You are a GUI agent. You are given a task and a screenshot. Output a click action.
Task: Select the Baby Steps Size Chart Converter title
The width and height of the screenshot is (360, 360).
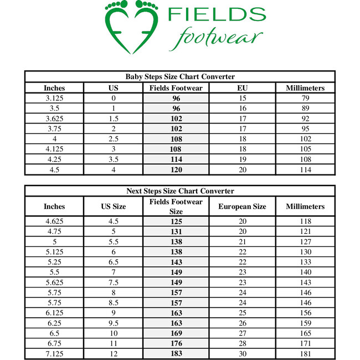pos(180,76)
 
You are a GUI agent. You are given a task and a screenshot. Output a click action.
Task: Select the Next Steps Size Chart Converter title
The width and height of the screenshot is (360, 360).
pos(180,191)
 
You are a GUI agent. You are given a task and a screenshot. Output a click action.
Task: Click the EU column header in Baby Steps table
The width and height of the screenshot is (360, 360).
pos(243,88)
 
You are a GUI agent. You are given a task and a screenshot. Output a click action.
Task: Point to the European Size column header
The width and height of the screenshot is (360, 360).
pos(242,207)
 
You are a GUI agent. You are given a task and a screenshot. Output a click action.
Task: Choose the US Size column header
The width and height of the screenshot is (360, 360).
pos(113,207)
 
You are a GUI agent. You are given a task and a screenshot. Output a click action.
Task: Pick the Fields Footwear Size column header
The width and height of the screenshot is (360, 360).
pos(176,207)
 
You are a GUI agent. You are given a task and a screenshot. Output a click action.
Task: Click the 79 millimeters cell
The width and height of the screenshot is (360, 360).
pos(305,98)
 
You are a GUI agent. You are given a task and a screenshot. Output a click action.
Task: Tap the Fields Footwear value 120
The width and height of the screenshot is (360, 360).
pos(176,169)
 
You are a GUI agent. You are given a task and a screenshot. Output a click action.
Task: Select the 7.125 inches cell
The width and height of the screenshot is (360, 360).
pos(54,353)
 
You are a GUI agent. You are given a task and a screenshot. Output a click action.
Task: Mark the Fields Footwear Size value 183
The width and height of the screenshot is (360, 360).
pos(176,353)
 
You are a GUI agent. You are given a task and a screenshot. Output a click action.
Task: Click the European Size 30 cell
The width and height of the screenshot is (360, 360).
pos(242,353)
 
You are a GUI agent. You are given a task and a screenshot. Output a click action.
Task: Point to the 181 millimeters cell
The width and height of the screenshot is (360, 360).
pos(305,353)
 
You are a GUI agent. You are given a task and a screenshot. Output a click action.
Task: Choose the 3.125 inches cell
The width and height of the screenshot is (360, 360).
pos(54,98)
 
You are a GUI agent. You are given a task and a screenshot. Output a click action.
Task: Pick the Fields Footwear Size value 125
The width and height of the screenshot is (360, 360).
pos(176,222)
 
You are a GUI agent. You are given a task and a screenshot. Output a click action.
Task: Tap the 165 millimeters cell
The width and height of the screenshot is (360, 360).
pos(305,333)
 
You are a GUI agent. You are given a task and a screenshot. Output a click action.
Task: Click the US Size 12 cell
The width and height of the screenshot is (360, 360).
pos(113,353)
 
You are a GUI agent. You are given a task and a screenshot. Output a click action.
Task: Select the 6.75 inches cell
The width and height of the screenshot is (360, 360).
pos(54,343)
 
